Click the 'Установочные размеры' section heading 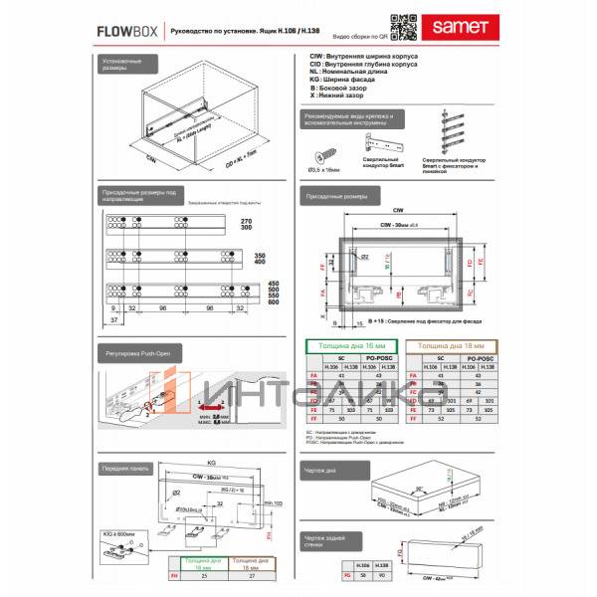tap(120, 66)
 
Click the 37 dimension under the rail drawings tap(114, 321)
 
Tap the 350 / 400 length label tap(262, 262)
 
